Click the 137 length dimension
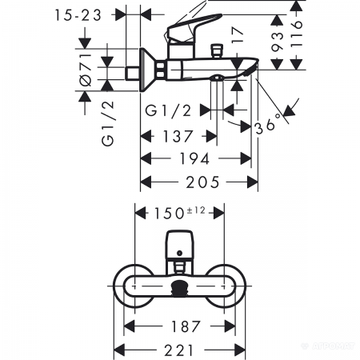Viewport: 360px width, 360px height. pos(178,136)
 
